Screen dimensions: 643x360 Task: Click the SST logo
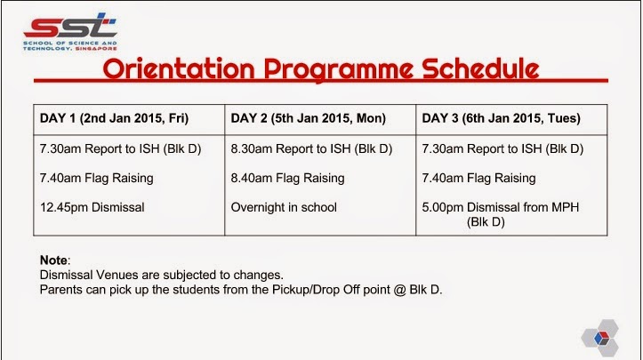pos(70,32)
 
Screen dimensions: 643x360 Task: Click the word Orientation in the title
pos(179,68)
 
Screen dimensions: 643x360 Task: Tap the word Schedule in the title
pos(480,68)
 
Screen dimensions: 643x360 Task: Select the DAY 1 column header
pos(114,118)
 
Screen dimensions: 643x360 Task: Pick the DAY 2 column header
pos(308,118)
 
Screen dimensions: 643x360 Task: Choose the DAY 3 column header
pos(501,118)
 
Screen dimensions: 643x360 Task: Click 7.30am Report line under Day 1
pos(121,148)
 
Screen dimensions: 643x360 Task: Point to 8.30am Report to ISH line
pos(311,148)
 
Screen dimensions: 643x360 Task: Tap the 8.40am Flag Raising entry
pos(287,179)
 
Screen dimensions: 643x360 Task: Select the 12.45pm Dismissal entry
pos(92,207)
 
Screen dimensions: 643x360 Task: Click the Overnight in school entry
pos(284,207)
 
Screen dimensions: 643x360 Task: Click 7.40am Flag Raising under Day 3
pos(478,179)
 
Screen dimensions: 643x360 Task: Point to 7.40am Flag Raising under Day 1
pos(96,179)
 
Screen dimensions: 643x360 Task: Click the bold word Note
pos(53,260)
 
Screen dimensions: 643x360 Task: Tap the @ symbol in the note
pos(400,290)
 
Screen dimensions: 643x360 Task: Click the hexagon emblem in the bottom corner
pos(600,338)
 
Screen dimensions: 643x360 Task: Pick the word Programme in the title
pos(339,69)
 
